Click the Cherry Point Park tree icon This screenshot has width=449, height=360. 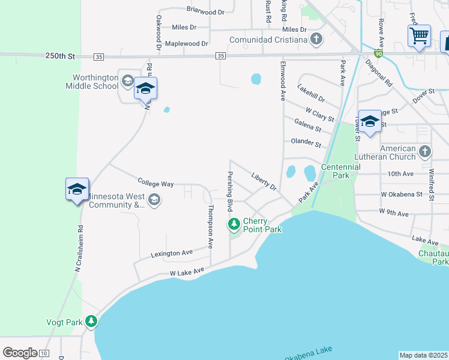(x=234, y=224)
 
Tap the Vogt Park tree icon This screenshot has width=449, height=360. (x=91, y=322)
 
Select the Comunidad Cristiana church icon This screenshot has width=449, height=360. (x=316, y=40)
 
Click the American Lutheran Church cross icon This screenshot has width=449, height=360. (x=425, y=152)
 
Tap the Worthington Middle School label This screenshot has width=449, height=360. (x=95, y=82)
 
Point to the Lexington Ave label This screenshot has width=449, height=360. (x=172, y=253)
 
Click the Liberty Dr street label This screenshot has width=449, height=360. (x=264, y=182)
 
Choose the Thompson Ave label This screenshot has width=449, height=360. (x=211, y=227)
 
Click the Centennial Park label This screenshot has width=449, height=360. (x=340, y=171)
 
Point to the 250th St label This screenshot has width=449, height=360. (x=60, y=56)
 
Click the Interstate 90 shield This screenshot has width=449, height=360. (x=379, y=53)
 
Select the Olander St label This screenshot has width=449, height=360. (x=306, y=143)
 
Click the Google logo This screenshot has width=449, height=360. (x=20, y=352)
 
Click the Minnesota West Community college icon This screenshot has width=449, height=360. (x=154, y=200)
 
